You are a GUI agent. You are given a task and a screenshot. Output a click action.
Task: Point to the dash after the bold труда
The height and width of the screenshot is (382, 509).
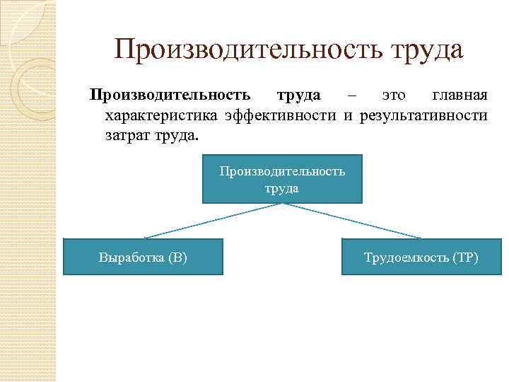click(x=353, y=95)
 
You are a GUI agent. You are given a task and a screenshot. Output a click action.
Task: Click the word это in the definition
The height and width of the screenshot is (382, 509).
click(x=394, y=95)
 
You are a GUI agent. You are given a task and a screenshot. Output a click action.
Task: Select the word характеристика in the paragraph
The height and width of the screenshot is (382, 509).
click(x=162, y=115)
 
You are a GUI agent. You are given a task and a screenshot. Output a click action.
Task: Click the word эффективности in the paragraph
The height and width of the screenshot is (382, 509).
click(x=281, y=115)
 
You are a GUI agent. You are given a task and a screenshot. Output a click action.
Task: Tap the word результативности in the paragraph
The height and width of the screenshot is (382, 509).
click(x=423, y=115)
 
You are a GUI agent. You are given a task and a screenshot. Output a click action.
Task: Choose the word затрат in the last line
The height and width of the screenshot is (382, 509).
click(x=125, y=134)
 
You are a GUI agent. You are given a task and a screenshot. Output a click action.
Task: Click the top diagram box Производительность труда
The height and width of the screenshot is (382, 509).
click(x=282, y=179)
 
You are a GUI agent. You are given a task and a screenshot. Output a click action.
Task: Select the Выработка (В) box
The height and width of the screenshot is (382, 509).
click(x=143, y=257)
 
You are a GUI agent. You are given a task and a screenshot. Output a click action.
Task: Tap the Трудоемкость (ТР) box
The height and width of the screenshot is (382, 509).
click(x=421, y=257)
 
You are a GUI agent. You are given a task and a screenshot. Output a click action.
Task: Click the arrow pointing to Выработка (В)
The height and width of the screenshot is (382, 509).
click(x=212, y=221)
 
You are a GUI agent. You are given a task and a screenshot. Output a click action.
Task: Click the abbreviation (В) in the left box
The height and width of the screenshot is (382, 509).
click(x=178, y=257)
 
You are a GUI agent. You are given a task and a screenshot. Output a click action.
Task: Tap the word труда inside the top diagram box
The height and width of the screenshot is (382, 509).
click(x=282, y=188)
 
